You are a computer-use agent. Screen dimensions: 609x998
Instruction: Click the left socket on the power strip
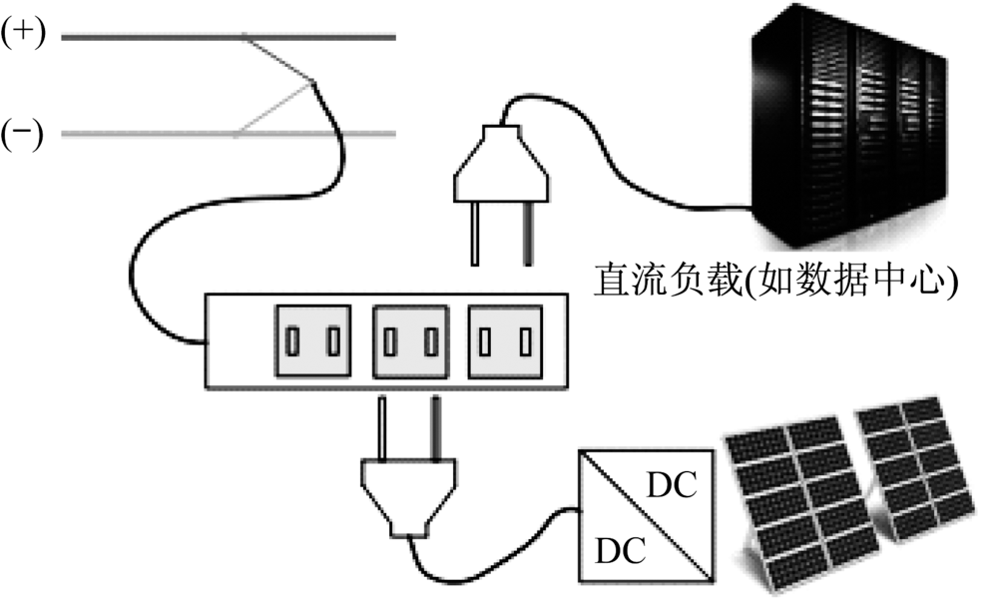(x=313, y=342)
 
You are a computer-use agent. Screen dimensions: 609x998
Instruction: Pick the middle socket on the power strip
(x=410, y=342)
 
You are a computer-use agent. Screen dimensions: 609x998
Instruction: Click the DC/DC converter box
(x=646, y=517)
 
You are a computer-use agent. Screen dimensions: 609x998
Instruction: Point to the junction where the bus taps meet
(x=313, y=82)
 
